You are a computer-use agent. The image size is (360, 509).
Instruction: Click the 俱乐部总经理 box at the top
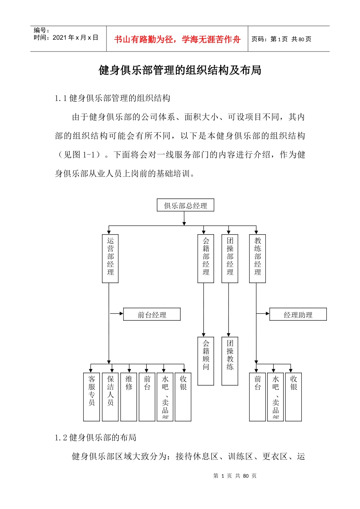[x=185, y=205]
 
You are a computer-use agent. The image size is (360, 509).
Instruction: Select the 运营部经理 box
[x=110, y=259]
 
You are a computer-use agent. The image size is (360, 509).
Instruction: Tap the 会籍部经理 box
[x=206, y=259]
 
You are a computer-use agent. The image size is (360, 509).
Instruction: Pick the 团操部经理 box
[x=230, y=259]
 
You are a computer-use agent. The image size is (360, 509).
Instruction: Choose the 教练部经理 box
[x=257, y=259]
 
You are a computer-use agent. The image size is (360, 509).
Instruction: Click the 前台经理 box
[x=152, y=314]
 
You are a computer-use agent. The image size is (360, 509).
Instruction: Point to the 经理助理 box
[x=298, y=314]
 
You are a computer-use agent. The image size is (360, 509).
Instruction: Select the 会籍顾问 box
[x=206, y=361]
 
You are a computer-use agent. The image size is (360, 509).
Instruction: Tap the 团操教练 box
[x=230, y=361]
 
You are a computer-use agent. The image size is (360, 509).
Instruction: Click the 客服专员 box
[x=92, y=397]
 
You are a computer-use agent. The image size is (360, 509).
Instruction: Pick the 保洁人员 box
[x=110, y=397]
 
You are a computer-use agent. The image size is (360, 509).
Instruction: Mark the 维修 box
[x=129, y=397]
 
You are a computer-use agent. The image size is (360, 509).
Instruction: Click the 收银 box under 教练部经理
[x=293, y=397]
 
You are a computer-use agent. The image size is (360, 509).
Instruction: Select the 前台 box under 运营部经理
[x=147, y=397]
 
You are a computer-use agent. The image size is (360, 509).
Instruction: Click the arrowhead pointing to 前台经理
[x=121, y=314]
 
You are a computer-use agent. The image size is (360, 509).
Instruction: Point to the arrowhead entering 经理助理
[x=267, y=314]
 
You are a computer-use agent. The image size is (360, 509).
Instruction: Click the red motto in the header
[x=177, y=39]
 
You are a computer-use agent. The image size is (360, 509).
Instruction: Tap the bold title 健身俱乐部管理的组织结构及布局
[x=180, y=70]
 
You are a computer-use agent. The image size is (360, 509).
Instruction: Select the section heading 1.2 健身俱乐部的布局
[x=95, y=438]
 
